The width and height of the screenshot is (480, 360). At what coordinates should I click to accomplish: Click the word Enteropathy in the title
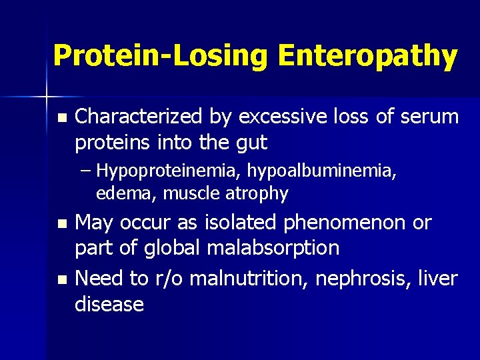368,56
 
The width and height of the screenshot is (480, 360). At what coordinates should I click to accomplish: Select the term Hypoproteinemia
169,172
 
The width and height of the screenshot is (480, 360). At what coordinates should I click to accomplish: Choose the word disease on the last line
109,304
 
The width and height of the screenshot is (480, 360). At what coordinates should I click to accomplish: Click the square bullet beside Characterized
62,118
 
